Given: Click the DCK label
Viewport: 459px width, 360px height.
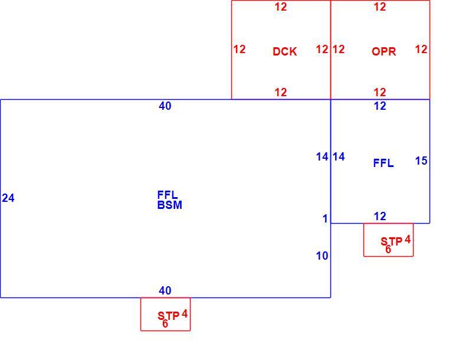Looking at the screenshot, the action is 284,51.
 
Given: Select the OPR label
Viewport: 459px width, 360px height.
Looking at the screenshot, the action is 383,51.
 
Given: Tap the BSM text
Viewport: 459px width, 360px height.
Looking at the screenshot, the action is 169,205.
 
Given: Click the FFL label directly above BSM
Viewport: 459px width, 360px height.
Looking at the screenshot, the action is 168,195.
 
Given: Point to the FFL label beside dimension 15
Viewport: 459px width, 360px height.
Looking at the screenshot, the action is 383,163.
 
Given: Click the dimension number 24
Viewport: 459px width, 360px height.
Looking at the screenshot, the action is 8,198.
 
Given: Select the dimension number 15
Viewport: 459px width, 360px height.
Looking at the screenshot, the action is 421,161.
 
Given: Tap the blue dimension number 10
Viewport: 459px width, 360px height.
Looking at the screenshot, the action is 322,256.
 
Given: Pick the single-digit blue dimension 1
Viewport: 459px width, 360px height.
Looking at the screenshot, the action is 325,219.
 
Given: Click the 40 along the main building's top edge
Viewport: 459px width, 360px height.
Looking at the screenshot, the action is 165,106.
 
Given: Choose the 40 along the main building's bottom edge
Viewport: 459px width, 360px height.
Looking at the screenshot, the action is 165,290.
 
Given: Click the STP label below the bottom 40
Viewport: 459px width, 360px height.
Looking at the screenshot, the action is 168,316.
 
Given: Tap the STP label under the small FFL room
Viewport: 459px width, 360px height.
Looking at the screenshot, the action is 391,241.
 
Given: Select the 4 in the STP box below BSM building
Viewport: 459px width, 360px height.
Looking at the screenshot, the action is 185,314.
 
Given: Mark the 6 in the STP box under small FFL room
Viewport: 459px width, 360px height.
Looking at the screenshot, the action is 388,249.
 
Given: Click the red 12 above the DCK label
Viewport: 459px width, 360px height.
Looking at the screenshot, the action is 281,6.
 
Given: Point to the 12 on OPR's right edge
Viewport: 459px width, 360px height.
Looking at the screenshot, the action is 421,49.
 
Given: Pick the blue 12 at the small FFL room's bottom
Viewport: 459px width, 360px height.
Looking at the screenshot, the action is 380,217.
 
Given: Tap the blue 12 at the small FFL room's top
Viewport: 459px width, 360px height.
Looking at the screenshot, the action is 380,106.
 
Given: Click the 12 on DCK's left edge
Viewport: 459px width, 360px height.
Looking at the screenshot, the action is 240,49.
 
